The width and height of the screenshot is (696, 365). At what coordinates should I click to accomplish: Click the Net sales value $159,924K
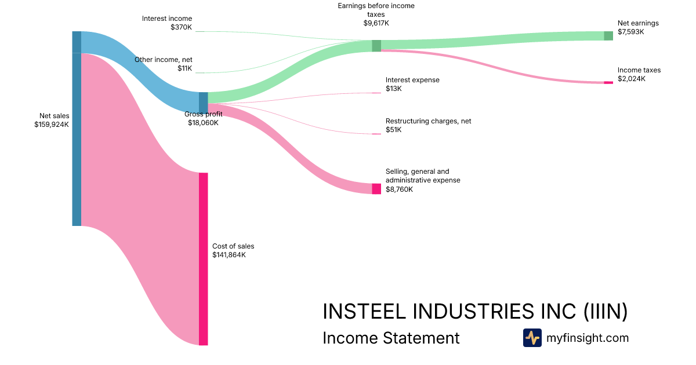[x=52, y=124]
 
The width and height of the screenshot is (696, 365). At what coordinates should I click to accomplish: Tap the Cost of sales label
[x=233, y=246]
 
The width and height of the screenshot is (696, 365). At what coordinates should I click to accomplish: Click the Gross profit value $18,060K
[x=203, y=123]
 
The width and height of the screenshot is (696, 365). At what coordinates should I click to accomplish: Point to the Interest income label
[x=167, y=19]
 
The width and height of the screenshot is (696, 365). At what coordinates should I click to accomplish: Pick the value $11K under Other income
[x=184, y=68]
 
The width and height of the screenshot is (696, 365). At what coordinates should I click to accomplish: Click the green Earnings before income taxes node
[x=376, y=46]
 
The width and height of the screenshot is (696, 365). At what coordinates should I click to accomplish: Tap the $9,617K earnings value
[x=376, y=24]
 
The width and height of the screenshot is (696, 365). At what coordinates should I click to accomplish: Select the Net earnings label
[x=638, y=23]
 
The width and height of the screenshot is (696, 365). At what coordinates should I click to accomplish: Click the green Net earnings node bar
[x=608, y=36]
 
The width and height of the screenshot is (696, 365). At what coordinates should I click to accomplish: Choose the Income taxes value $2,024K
[x=632, y=79]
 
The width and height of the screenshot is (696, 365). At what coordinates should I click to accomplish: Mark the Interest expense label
[x=412, y=80]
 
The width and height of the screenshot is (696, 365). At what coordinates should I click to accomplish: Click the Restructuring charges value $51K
[x=393, y=130]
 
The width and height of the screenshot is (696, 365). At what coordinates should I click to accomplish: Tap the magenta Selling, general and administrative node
[x=376, y=188]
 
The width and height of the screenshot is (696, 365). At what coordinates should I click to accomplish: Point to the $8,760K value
[x=399, y=189]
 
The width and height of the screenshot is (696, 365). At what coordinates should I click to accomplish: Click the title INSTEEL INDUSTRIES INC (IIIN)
[x=475, y=311]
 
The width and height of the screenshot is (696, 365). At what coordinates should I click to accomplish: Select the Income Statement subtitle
[x=391, y=338]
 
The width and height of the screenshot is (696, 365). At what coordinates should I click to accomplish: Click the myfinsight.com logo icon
[x=532, y=338]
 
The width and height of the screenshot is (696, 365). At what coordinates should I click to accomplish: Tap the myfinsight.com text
[x=588, y=338]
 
